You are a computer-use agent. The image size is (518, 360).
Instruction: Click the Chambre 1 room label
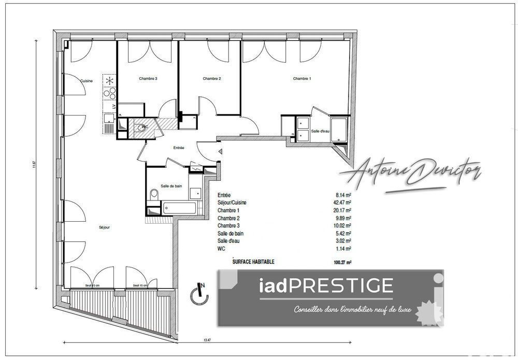[302, 79]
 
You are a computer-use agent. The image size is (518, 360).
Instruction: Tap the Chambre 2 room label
[212, 79]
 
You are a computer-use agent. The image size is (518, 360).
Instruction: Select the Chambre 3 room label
[148, 79]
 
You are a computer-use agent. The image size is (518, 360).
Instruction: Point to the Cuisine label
[87, 81]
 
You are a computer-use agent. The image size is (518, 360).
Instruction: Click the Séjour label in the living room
[105, 227]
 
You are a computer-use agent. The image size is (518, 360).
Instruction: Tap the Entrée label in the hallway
[179, 148]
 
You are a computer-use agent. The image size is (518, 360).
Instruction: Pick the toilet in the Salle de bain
[153, 195]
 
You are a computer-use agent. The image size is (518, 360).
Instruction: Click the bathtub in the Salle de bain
[179, 209]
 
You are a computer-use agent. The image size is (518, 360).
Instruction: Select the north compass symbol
[199, 294]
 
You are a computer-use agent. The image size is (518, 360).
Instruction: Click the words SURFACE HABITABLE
[254, 262]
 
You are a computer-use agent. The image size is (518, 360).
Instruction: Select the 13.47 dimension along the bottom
[207, 340]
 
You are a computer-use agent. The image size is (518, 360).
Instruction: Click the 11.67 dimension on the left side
[34, 165]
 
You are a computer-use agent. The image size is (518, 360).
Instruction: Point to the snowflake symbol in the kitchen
[110, 81]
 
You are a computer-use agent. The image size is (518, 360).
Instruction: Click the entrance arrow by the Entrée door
[221, 152]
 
